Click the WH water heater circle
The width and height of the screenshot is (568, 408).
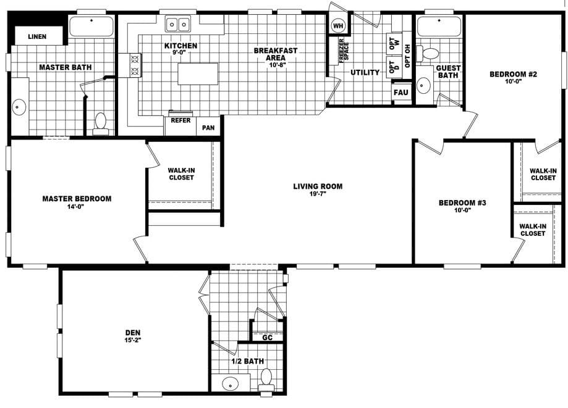[338, 25]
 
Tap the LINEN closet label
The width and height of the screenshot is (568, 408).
[37, 37]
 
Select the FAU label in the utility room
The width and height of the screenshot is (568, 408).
[401, 93]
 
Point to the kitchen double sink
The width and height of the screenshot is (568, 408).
[179, 25]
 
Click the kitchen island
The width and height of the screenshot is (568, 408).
[198, 73]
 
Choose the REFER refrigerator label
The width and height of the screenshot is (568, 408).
[180, 120]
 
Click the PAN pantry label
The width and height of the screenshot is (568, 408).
[208, 128]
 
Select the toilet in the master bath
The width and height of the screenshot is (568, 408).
[100, 122]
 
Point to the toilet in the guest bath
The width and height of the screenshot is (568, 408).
[431, 53]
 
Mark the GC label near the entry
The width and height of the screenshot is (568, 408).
[268, 338]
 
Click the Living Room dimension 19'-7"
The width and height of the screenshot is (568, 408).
[318, 195]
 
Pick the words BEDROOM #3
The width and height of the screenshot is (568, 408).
[463, 202]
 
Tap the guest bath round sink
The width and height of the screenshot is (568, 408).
[424, 85]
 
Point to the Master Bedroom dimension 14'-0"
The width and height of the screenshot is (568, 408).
[76, 207]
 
